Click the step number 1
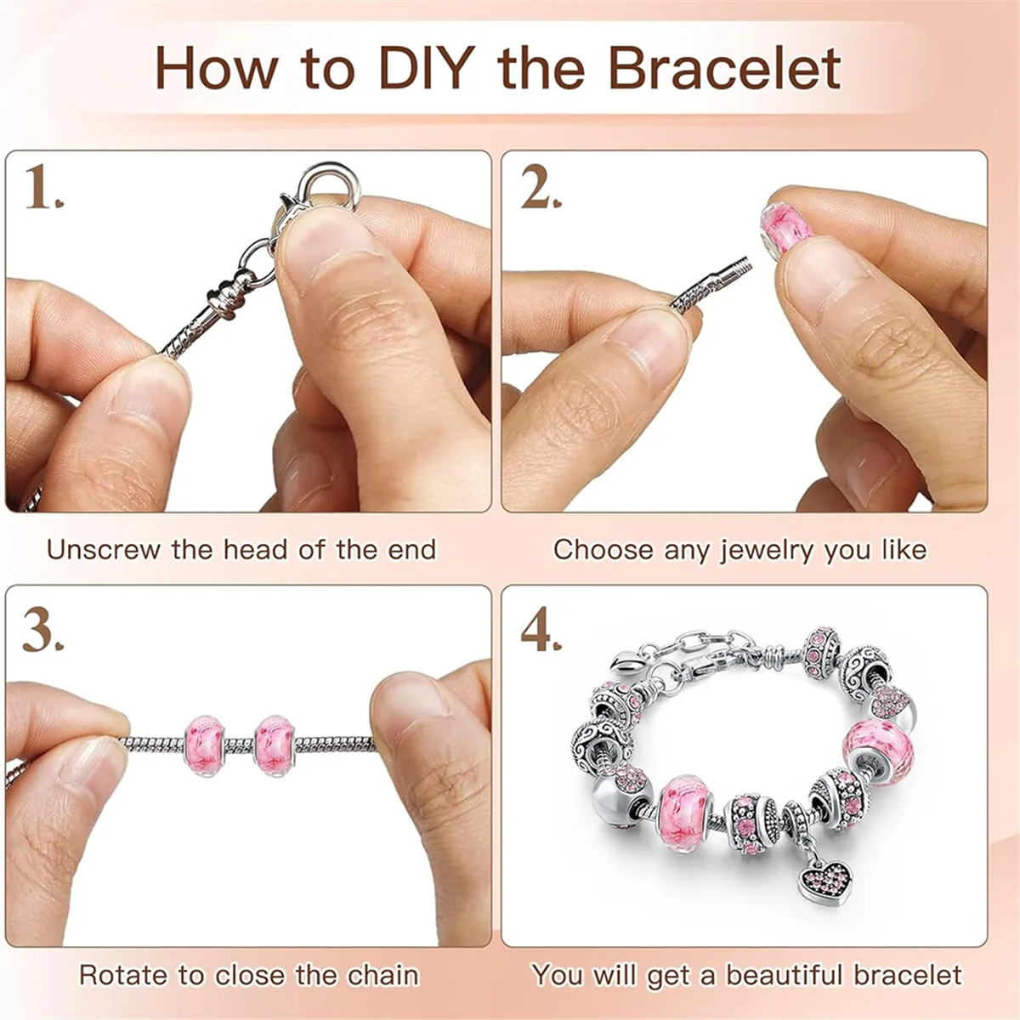pos(42,188)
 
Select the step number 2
pos(540,188)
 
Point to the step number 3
pos(42,630)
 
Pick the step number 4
pos(540,630)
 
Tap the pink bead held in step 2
pos(786,224)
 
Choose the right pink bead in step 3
pos(274,745)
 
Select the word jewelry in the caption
pos(766,550)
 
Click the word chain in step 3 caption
pos(382,975)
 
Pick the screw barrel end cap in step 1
pos(224,298)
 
